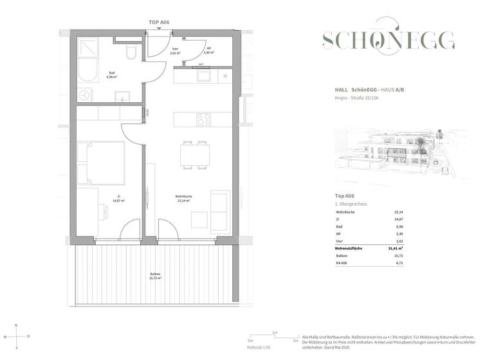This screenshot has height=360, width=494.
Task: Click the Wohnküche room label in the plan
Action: (184, 199)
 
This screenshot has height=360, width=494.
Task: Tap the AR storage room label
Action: (207, 51)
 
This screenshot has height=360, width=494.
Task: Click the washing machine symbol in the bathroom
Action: (86, 94)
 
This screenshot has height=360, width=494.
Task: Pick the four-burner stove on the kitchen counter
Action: (203, 120)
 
